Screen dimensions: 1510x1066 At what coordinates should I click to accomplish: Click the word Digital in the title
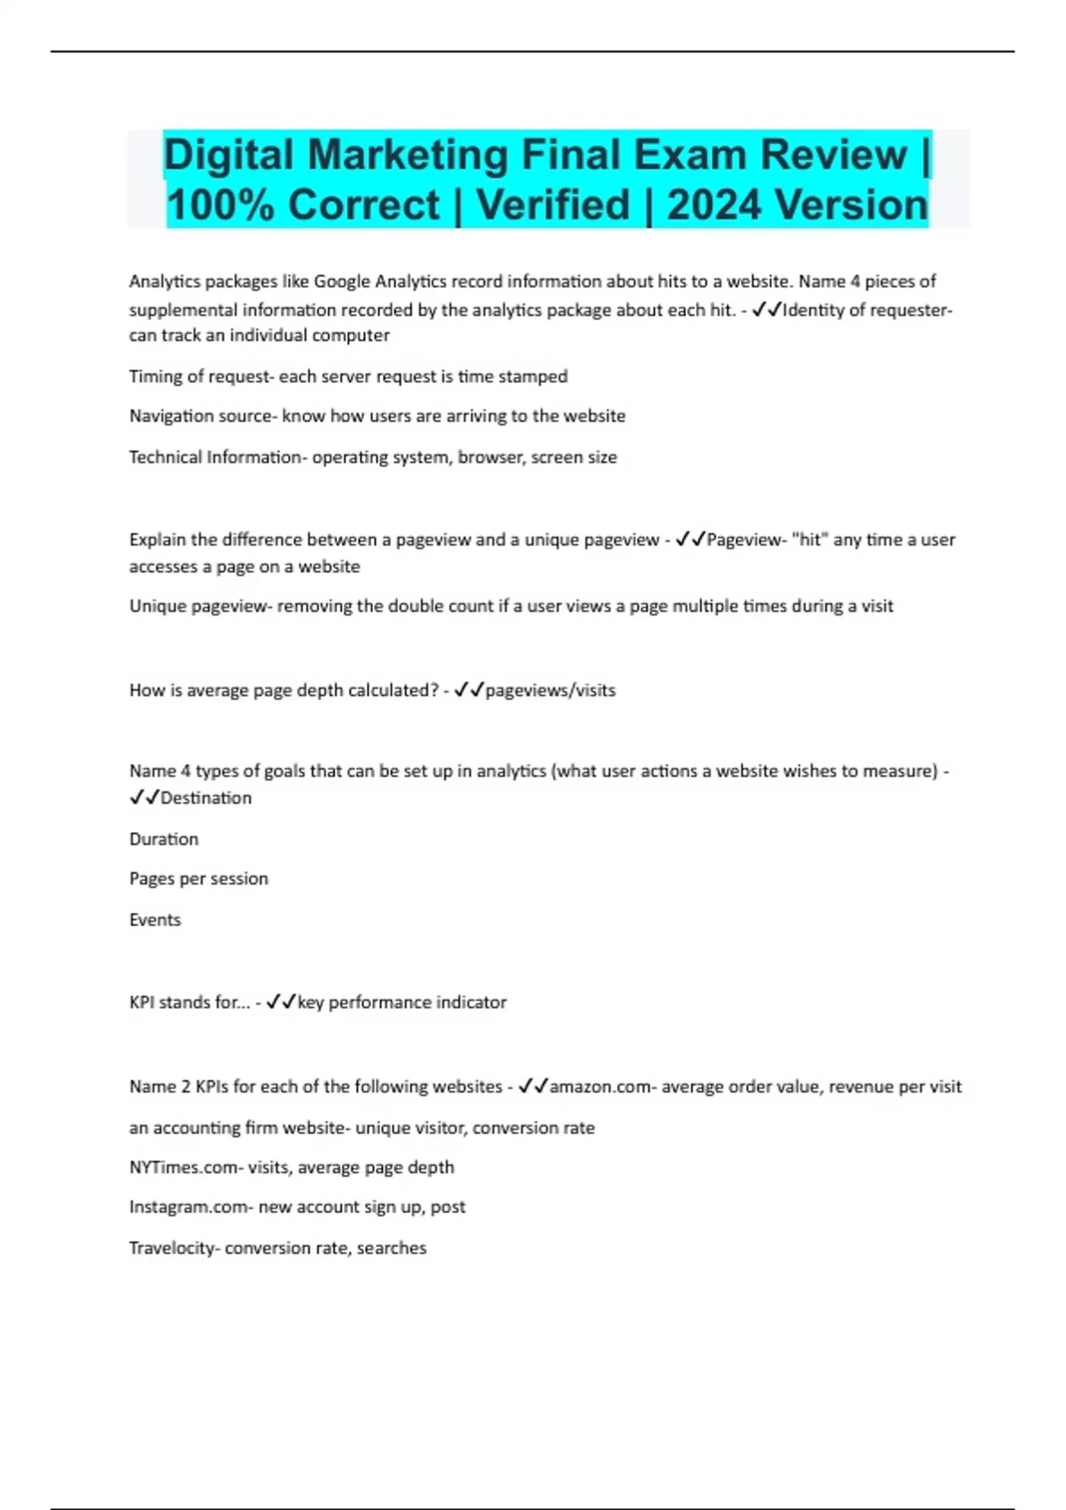[228, 155]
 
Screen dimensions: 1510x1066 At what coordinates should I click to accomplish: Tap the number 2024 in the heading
[718, 205]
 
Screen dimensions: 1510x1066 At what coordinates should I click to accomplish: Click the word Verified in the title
[553, 205]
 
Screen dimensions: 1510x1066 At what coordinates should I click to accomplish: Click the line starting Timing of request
[348, 377]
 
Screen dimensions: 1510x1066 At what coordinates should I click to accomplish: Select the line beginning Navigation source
[377, 417]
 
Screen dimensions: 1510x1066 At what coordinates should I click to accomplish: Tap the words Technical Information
[216, 457]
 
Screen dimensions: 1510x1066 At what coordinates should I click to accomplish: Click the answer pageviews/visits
[550, 690]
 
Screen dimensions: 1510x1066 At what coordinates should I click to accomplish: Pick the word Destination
[206, 799]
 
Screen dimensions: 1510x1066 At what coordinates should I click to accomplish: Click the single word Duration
[164, 839]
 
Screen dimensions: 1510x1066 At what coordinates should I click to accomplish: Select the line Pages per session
[199, 879]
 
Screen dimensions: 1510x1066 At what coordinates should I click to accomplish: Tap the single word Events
[155, 920]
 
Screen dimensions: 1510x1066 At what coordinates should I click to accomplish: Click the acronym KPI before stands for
[142, 1003]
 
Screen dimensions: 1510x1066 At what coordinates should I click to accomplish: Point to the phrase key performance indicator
[402, 1003]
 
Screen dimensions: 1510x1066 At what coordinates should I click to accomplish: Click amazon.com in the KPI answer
[600, 1087]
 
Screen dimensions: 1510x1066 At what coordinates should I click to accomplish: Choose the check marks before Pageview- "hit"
[690, 540]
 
